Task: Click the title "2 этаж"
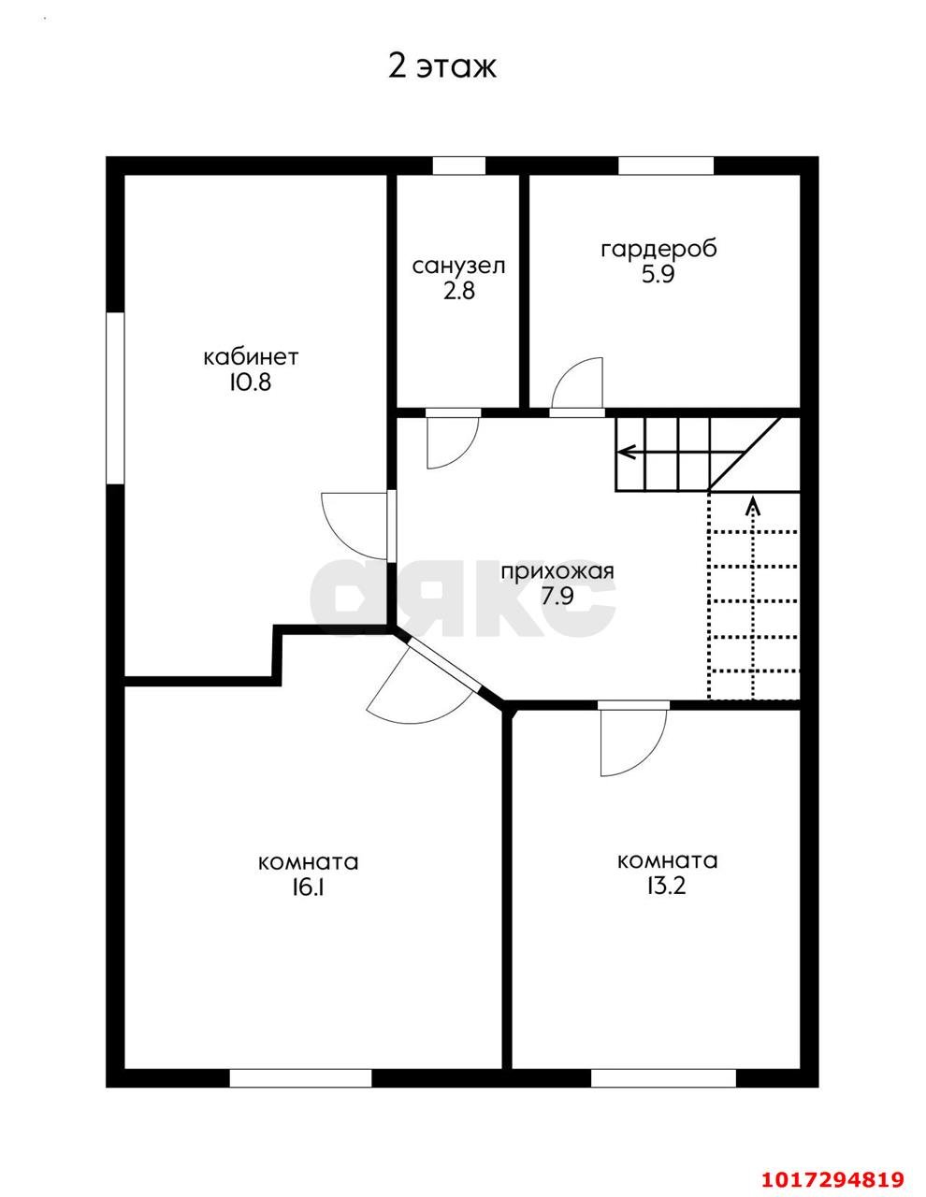pyautogui.click(x=442, y=66)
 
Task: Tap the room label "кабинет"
pyautogui.click(x=252, y=357)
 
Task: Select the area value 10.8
pyautogui.click(x=251, y=382)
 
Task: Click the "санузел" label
pyautogui.click(x=458, y=267)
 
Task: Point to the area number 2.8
pyautogui.click(x=459, y=291)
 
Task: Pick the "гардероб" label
pyautogui.click(x=658, y=249)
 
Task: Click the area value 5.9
pyautogui.click(x=658, y=274)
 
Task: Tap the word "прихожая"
pyautogui.click(x=557, y=571)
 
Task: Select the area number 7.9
pyautogui.click(x=557, y=596)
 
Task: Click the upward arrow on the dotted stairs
pyautogui.click(x=752, y=598)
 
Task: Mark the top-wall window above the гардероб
pyautogui.click(x=665, y=166)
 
